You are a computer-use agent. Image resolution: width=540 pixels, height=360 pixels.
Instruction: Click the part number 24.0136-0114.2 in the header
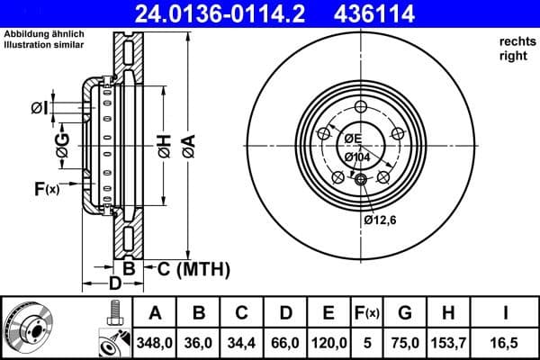tap(233, 13)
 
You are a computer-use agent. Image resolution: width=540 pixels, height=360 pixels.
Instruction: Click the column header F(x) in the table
tap(367, 313)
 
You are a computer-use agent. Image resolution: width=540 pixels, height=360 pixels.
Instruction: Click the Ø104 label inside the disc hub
tap(358, 157)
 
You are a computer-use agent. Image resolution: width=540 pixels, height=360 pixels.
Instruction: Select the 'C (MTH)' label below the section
tap(193, 269)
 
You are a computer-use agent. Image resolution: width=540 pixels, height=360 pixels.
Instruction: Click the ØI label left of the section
tap(38, 108)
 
